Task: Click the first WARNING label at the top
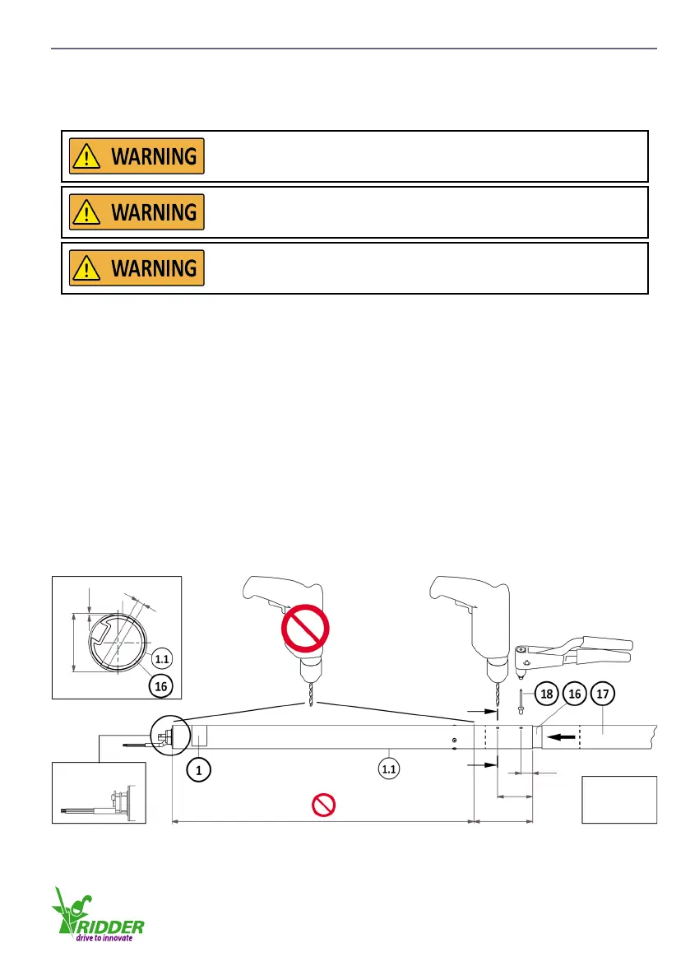click(137, 156)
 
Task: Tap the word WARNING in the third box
click(154, 268)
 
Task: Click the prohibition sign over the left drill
click(305, 630)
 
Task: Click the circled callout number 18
click(546, 694)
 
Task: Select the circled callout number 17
click(603, 694)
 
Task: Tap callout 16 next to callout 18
click(575, 694)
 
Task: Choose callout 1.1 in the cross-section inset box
click(163, 659)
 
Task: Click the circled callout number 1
click(197, 769)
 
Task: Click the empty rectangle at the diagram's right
click(619, 798)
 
